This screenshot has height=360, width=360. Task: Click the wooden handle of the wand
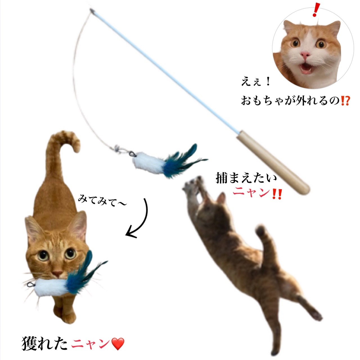point(273,163)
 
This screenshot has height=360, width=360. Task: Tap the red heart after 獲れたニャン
point(118,344)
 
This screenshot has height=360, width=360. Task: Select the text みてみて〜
point(102,201)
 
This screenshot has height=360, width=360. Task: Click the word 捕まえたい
point(246,178)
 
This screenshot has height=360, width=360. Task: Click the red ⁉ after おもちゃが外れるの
point(345,100)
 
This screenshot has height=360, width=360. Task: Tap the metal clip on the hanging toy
point(132,154)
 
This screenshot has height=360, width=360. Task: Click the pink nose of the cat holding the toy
point(58,273)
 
